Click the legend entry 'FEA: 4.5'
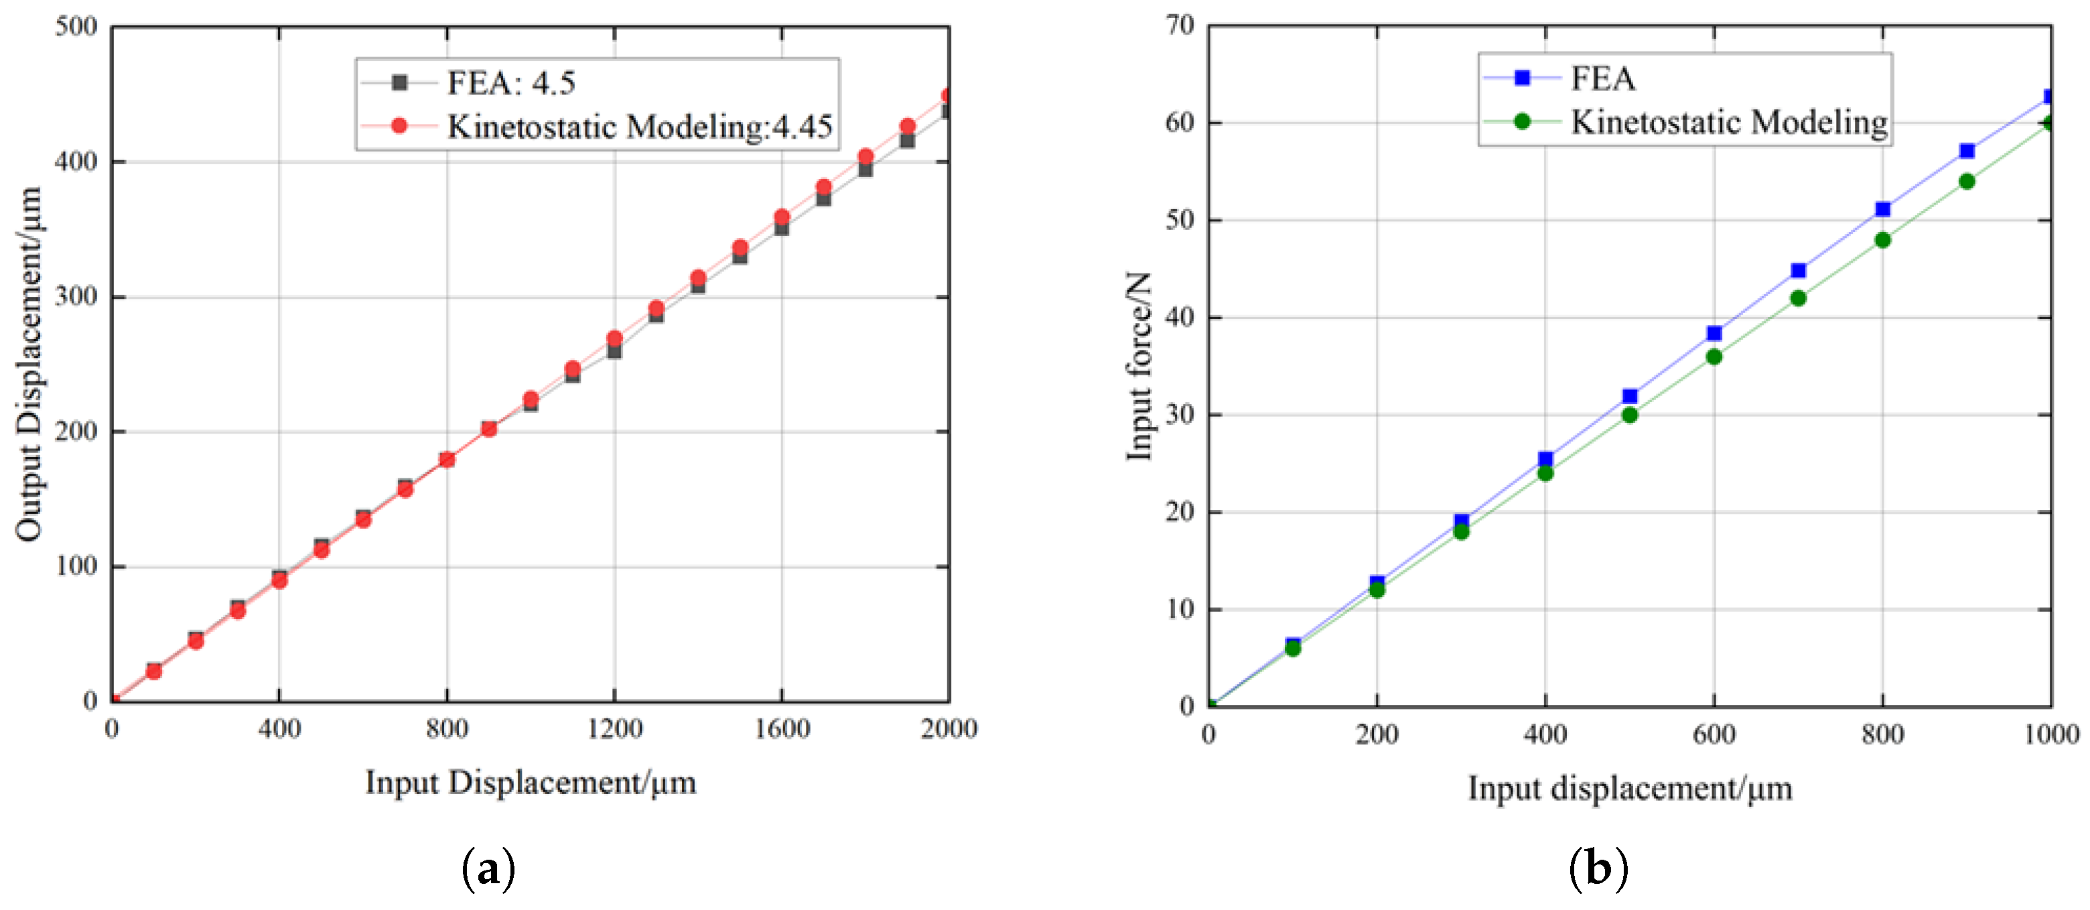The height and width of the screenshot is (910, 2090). click(x=510, y=83)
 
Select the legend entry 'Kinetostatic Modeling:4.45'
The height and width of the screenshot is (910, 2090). click(x=638, y=127)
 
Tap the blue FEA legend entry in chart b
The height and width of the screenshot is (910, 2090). click(x=1602, y=78)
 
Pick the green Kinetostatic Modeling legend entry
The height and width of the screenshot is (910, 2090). click(x=1728, y=122)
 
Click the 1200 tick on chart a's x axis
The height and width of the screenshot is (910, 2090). click(x=614, y=729)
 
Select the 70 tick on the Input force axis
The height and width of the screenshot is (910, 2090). click(x=1180, y=25)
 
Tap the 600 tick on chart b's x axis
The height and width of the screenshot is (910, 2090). click(x=1714, y=734)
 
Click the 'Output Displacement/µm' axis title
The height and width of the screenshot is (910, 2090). click(x=29, y=364)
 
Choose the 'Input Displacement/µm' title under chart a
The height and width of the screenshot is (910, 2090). click(x=531, y=783)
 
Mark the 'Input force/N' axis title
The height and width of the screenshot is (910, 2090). click(x=1138, y=366)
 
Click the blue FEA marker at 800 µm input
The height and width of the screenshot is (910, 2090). click(x=1883, y=210)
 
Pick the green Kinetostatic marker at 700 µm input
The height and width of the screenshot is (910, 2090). click(x=1798, y=299)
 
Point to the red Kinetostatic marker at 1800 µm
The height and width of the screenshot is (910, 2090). click(x=865, y=157)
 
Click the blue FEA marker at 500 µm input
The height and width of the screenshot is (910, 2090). click(x=1630, y=396)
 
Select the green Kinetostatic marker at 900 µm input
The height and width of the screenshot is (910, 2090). click(x=1967, y=181)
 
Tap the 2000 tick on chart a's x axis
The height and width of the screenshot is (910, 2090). click(x=949, y=729)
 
